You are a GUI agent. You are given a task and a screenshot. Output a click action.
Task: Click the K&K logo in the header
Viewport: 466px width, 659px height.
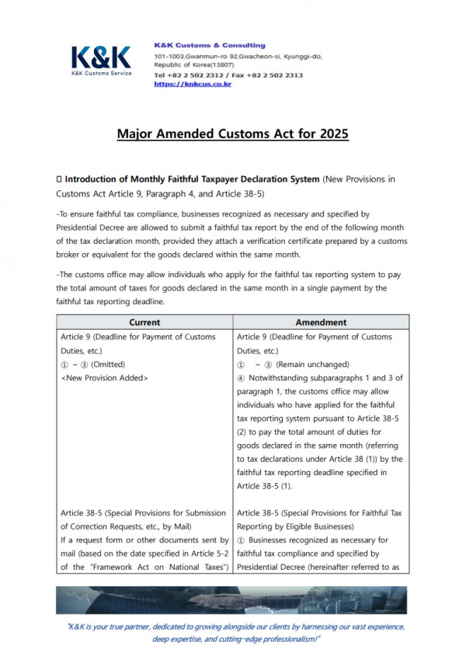click(x=101, y=59)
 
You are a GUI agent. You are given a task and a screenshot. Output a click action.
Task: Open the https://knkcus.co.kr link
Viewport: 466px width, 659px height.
click(x=193, y=84)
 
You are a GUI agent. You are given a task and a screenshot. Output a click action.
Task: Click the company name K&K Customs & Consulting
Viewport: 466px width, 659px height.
click(x=209, y=45)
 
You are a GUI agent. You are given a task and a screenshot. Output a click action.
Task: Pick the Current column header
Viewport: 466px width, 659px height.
click(x=144, y=322)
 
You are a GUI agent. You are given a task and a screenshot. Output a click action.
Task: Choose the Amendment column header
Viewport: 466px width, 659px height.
click(x=322, y=322)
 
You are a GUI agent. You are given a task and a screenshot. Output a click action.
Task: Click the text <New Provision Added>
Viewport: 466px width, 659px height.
click(x=104, y=378)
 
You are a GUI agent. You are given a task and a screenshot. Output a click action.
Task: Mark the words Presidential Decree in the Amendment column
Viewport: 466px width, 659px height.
click(x=275, y=567)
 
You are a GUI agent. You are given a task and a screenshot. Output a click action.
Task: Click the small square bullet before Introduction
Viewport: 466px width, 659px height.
click(x=59, y=180)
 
